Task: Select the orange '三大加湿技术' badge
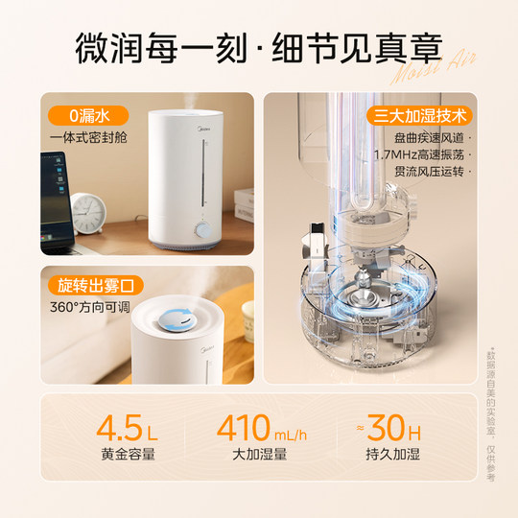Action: point(417,117)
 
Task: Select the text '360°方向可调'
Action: point(88,309)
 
